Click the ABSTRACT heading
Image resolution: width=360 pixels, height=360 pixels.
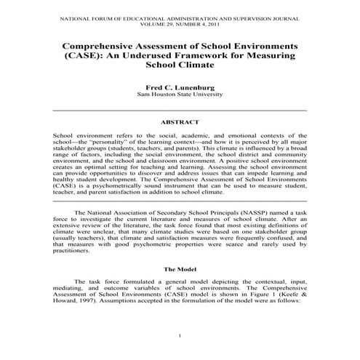pyautogui.click(x=180, y=123)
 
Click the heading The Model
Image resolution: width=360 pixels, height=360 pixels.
pyautogui.click(x=180, y=269)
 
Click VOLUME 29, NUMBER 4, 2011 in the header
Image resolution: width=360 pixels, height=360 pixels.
pyautogui.click(x=180, y=22)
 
